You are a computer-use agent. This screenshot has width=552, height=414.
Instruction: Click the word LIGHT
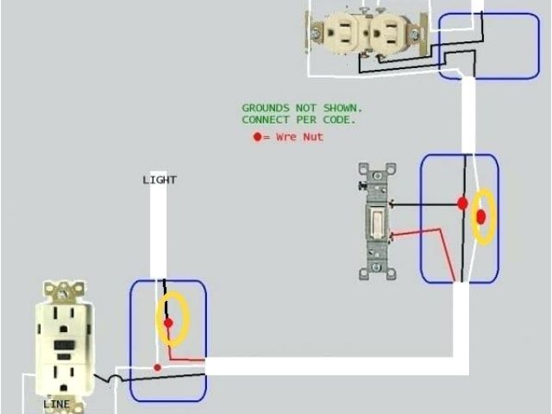click(159, 180)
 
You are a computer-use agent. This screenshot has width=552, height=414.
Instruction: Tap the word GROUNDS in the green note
click(266, 108)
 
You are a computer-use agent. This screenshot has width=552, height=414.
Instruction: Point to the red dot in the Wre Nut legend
click(256, 137)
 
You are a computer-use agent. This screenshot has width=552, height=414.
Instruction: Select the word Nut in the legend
click(313, 137)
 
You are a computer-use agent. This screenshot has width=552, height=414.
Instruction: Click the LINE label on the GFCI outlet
click(56, 404)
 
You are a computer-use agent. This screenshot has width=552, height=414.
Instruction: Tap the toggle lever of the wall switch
click(378, 223)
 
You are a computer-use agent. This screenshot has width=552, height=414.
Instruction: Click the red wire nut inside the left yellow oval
click(169, 323)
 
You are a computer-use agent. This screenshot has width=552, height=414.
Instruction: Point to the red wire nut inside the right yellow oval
click(481, 216)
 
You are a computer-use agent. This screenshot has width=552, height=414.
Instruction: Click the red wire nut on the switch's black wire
click(462, 204)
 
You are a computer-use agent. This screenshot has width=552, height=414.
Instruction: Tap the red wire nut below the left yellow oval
click(157, 367)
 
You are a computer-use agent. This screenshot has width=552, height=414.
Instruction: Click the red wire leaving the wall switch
click(423, 233)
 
